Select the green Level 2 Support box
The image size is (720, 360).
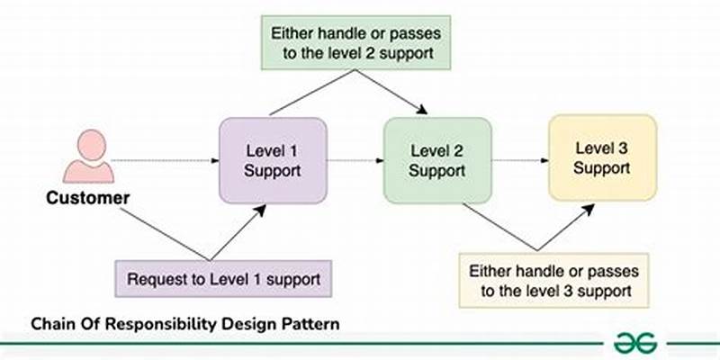pyautogui.click(x=437, y=159)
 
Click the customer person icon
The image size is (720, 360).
pyautogui.click(x=88, y=157)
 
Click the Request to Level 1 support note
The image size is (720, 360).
pyautogui.click(x=224, y=280)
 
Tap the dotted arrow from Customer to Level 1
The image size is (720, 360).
pyautogui.click(x=166, y=160)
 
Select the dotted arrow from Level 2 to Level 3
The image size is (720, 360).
pyautogui.click(x=520, y=160)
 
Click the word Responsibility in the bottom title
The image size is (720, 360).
pyautogui.click(x=153, y=323)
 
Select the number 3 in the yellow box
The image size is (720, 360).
pyautogui.click(x=626, y=148)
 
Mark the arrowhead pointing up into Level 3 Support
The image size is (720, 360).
pyautogui.click(x=589, y=206)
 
